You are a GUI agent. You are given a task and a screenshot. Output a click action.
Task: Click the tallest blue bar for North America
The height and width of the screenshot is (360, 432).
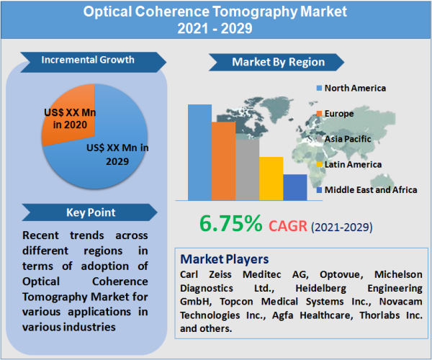point(199,152)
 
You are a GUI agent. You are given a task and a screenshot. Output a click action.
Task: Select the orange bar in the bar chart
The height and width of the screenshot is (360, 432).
point(223,161)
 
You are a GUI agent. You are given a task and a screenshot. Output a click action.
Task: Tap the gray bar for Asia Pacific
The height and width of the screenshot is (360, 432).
point(247,169)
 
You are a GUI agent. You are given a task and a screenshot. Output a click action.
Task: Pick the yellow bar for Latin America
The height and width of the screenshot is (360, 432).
point(271,178)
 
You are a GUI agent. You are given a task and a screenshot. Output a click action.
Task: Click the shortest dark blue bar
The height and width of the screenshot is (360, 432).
point(294,186)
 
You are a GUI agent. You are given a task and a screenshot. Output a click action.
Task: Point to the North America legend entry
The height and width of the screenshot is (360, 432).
point(354,88)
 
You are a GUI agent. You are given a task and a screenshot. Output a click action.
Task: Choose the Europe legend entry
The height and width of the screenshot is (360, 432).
point(338,113)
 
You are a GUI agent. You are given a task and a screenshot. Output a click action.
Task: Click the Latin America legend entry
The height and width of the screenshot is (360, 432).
point(352,164)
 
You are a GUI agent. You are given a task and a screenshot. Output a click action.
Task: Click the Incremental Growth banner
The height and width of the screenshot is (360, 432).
point(87,60)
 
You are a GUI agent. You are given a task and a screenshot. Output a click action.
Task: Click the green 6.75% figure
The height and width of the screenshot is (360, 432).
point(221,224)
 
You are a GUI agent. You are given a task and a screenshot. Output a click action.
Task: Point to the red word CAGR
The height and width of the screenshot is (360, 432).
point(287,226)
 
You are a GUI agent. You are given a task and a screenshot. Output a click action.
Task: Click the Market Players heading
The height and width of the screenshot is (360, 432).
point(224,258)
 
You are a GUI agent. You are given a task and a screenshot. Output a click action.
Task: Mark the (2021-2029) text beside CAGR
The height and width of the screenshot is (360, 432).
point(341,227)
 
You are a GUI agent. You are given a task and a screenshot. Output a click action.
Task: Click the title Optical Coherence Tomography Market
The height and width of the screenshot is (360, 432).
point(215,12)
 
